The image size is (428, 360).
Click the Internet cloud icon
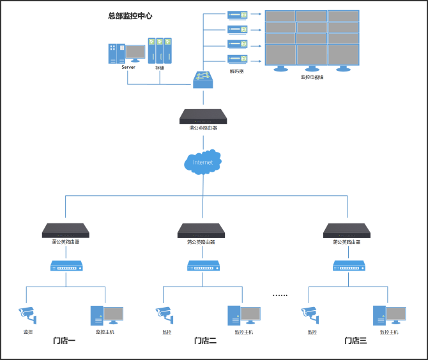(203, 162)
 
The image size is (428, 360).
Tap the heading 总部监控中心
(130, 16)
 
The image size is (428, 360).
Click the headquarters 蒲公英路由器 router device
(203, 116)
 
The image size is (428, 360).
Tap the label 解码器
(236, 71)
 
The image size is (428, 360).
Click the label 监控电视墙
(312, 77)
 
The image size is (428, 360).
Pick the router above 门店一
(65, 230)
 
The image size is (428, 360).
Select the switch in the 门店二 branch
(203, 265)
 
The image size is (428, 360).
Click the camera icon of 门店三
(310, 313)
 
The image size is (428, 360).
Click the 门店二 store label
(205, 341)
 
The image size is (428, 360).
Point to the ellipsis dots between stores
(280, 295)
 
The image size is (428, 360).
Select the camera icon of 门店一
(27, 313)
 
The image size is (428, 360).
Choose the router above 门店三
(347, 230)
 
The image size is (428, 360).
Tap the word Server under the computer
(128, 67)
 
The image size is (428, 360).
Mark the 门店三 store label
(355, 341)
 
